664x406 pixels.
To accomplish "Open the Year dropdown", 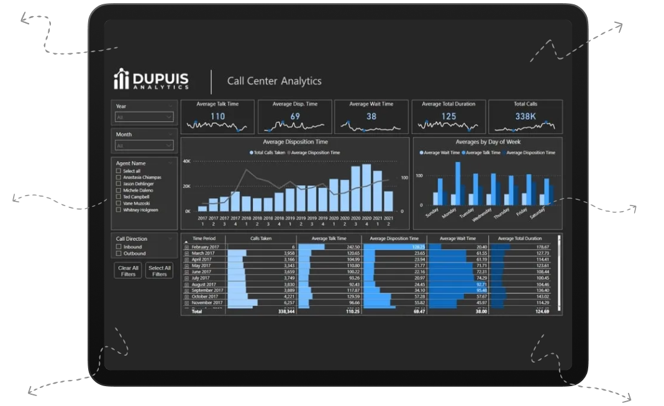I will click(x=144, y=117).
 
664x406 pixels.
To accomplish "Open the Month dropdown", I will click(x=144, y=145).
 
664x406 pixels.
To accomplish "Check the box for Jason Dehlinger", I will click(x=119, y=184).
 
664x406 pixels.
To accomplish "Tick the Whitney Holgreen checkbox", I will click(x=119, y=210).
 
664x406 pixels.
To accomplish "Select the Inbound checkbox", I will click(x=119, y=247).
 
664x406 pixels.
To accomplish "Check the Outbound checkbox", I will click(x=119, y=253).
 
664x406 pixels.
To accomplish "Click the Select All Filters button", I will click(x=160, y=271).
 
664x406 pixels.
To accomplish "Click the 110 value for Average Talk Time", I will click(x=217, y=116).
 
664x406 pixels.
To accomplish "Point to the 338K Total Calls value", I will click(x=525, y=116).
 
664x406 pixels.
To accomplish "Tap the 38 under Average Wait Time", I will click(x=371, y=116).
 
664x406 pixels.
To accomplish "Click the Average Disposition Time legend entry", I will click(x=316, y=152).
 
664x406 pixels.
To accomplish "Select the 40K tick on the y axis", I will click(x=186, y=161).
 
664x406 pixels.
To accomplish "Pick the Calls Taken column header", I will click(x=261, y=238).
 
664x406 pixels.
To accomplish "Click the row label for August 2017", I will click(x=203, y=284).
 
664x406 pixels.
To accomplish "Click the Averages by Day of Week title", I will click(x=488, y=142).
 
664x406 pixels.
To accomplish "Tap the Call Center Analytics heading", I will click(x=274, y=81).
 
